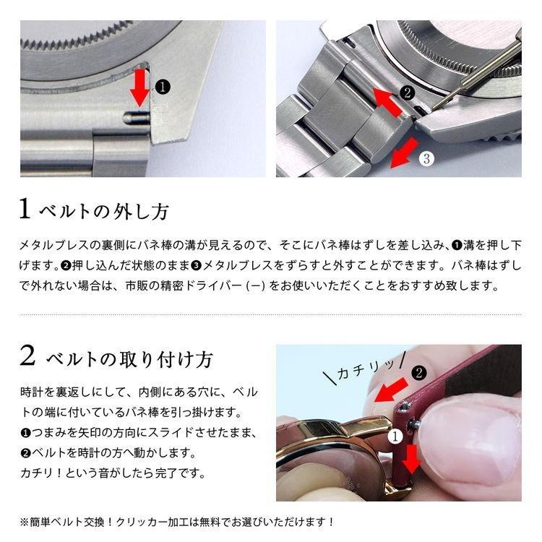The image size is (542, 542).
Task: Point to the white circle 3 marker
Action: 426,158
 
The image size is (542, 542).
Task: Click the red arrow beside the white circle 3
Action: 402,152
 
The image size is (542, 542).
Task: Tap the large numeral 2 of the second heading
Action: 27,356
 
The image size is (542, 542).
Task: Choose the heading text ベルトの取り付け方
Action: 130,358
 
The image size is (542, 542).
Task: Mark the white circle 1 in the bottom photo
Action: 395,436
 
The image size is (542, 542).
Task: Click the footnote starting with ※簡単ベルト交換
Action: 177,521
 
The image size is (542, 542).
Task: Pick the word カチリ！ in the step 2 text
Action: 38,474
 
